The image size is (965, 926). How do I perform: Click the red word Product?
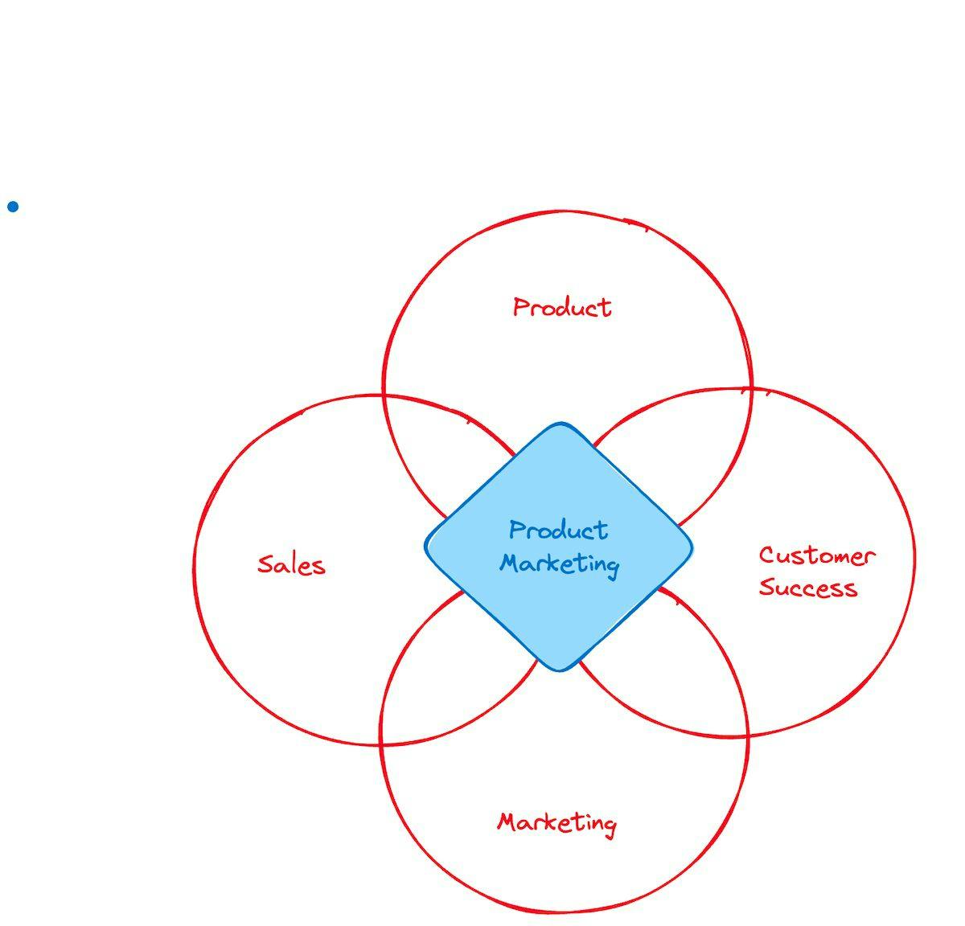(x=562, y=307)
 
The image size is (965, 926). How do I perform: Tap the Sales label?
(x=291, y=564)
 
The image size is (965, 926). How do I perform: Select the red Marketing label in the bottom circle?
(x=556, y=823)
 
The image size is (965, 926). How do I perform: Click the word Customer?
(x=816, y=555)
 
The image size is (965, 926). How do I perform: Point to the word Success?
(x=807, y=588)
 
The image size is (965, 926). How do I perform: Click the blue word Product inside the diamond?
(x=558, y=531)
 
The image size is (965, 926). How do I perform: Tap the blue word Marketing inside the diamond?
(x=559, y=563)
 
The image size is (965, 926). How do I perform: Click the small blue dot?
(x=13, y=207)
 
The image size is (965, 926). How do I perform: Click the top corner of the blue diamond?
(x=559, y=424)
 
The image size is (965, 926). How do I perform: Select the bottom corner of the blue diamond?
(x=559, y=669)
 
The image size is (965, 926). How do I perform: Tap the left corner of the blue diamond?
(x=426, y=547)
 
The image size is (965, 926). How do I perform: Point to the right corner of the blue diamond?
(x=692, y=547)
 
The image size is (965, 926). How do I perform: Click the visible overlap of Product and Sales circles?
(x=438, y=450)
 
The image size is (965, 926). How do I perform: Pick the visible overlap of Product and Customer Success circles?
(x=684, y=450)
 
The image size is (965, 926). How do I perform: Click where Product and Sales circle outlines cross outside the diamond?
(x=384, y=395)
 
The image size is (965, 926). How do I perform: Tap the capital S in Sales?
(x=265, y=563)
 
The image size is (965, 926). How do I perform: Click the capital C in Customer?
(x=766, y=555)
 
